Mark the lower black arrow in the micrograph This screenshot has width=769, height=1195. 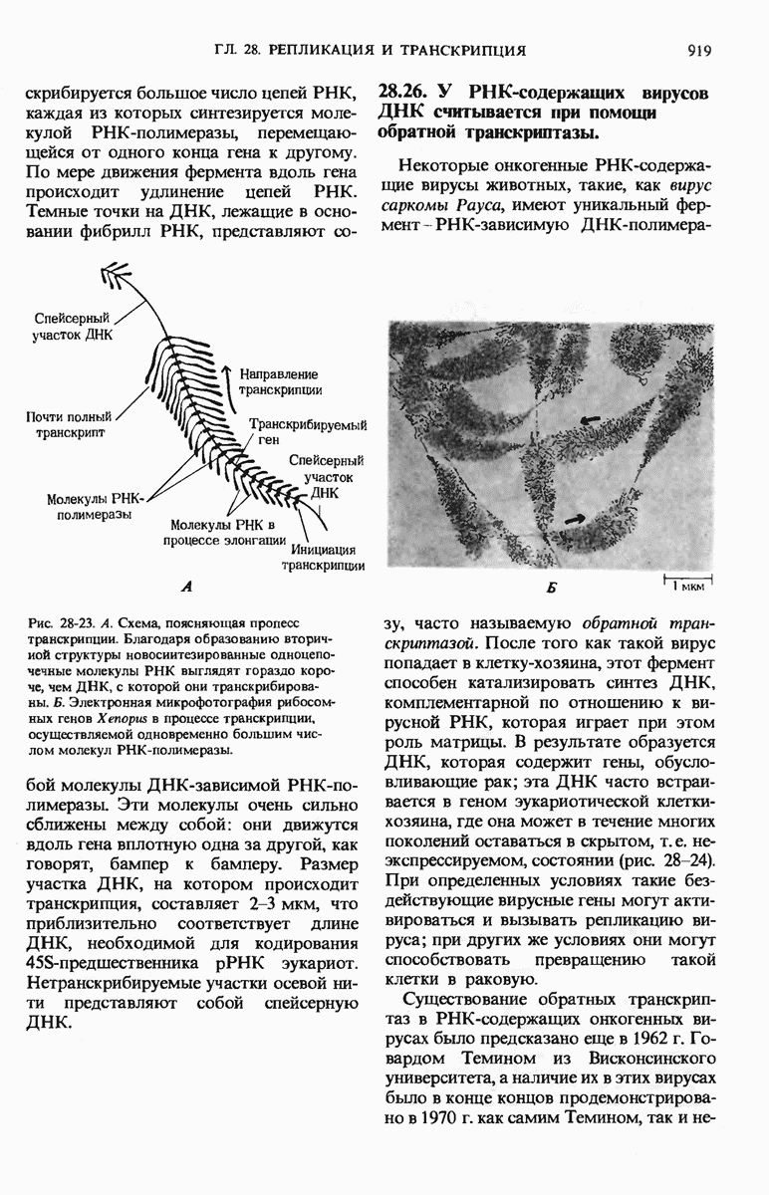point(574,516)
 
